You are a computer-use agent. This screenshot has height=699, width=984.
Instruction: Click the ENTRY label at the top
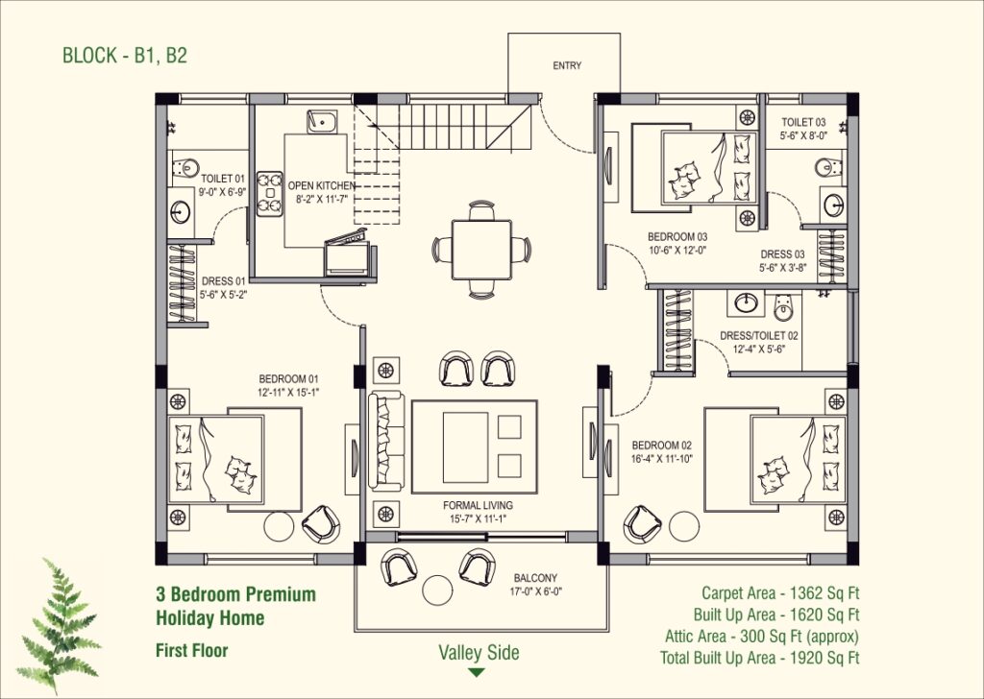[567, 65]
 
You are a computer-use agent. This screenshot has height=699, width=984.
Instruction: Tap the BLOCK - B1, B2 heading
[125, 55]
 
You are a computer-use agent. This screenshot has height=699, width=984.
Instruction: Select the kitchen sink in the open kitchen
[322, 122]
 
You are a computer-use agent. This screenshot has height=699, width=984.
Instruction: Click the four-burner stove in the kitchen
[270, 194]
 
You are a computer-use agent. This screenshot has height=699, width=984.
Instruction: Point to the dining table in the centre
[481, 250]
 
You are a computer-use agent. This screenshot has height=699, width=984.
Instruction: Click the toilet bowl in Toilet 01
[184, 168]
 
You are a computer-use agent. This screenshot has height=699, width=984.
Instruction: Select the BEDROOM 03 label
[677, 237]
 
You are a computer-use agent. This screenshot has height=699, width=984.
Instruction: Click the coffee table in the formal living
[474, 447]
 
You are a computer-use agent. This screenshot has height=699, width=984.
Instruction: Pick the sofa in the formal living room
[386, 441]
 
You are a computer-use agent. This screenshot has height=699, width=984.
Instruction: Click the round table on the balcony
[437, 590]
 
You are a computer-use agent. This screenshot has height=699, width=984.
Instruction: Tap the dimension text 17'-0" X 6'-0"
[535, 590]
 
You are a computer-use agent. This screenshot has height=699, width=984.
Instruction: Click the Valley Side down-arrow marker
[477, 673]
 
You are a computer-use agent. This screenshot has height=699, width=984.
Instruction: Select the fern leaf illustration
[59, 624]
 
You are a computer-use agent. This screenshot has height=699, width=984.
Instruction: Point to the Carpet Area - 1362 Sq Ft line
[780, 592]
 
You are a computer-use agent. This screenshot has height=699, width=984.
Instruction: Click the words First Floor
[191, 650]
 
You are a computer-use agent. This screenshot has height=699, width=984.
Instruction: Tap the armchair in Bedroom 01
[321, 524]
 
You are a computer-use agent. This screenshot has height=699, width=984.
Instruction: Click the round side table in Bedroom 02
[684, 526]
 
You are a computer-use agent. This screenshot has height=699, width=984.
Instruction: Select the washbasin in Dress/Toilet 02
[746, 302]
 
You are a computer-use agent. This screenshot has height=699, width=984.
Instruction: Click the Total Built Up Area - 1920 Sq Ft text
[759, 658]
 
